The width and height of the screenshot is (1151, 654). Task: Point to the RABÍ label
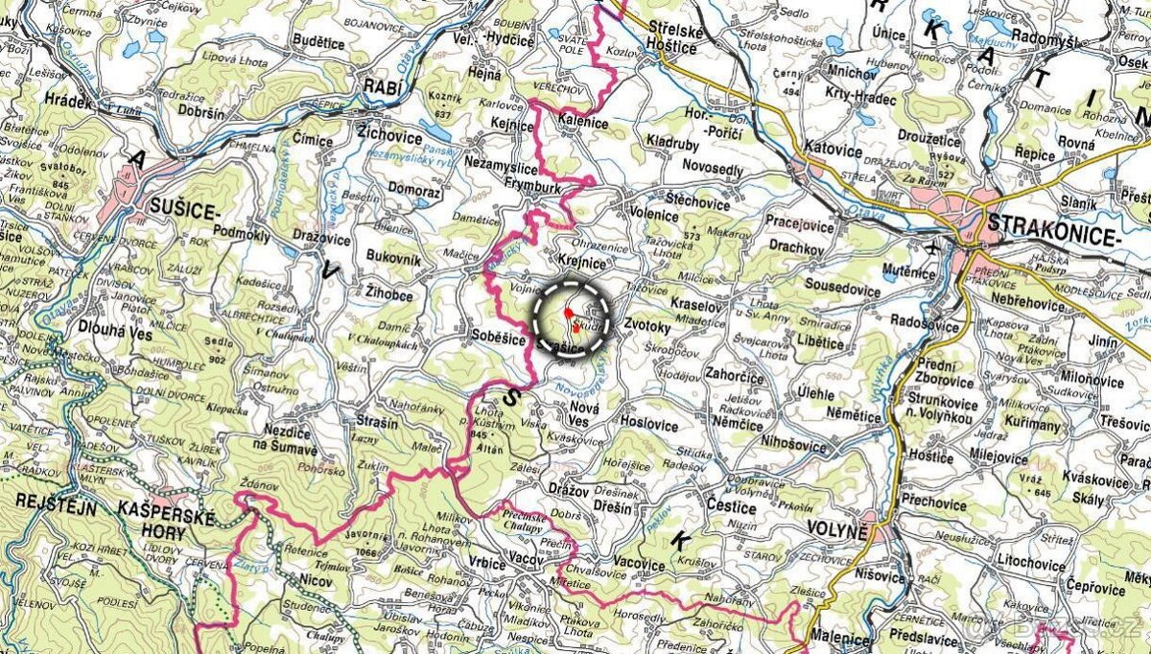coord(381,87)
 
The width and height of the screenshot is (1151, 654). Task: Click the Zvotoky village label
coord(646,326)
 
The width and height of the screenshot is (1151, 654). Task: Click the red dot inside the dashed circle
coord(568,313)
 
